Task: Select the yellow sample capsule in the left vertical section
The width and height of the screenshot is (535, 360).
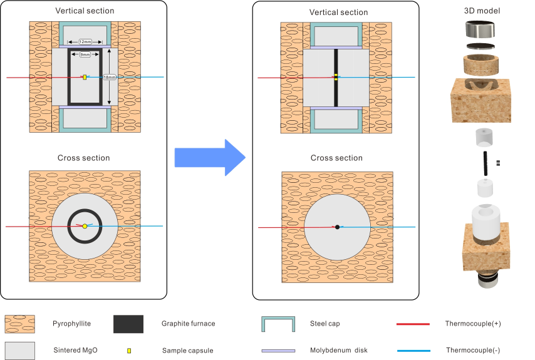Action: tap(85, 77)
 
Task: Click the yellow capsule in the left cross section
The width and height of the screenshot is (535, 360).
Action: tap(85, 225)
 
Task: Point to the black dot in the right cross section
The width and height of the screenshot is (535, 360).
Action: tap(336, 227)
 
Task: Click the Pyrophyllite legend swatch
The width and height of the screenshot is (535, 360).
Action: tap(19, 324)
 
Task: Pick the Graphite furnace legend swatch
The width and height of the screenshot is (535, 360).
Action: tap(128, 324)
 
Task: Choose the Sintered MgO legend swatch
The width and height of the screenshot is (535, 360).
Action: tap(19, 350)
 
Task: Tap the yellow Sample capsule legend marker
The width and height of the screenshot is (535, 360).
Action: tap(128, 351)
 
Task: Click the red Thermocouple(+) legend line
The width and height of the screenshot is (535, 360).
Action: tap(413, 324)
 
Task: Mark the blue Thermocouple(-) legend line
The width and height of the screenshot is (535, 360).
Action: tap(413, 351)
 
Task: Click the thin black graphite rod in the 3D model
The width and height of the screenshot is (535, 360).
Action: tap(484, 162)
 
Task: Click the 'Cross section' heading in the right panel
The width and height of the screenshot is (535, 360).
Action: tap(336, 158)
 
